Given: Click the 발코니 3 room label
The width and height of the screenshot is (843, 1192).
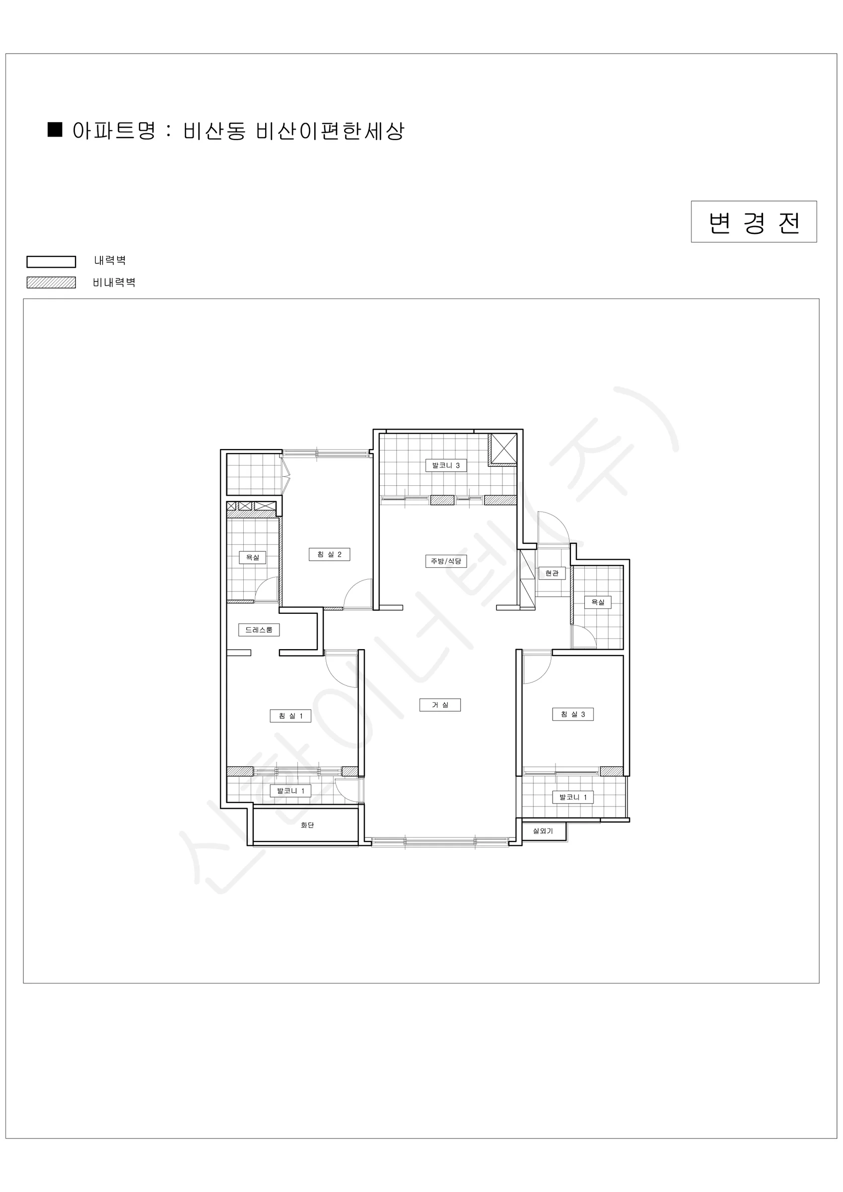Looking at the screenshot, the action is pyautogui.click(x=446, y=465).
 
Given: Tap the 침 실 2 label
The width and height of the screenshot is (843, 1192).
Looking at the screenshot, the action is pyautogui.click(x=330, y=554).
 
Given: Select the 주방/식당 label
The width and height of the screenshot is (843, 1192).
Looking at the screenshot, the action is pyautogui.click(x=446, y=561).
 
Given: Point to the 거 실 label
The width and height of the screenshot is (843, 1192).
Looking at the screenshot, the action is pyautogui.click(x=440, y=705).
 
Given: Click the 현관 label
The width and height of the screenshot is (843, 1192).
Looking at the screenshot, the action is pyautogui.click(x=552, y=573).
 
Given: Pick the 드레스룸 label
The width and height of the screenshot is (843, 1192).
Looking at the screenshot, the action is pyautogui.click(x=259, y=630).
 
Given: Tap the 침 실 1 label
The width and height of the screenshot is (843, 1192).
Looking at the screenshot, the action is pyautogui.click(x=291, y=716).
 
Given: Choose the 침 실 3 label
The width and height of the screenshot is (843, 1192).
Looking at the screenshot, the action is pyautogui.click(x=572, y=714).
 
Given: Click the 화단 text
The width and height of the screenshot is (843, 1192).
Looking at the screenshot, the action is pyautogui.click(x=307, y=825).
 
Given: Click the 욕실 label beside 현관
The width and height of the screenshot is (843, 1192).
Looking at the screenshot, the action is pyautogui.click(x=598, y=602).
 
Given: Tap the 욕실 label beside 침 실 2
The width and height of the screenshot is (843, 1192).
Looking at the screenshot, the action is pyautogui.click(x=252, y=558).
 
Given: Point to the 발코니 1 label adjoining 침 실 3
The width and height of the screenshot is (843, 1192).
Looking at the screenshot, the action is pyautogui.click(x=572, y=797).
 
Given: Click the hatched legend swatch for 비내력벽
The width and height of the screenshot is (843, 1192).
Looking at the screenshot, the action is pyautogui.click(x=52, y=283).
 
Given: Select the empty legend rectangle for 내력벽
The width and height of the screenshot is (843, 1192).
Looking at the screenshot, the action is pyautogui.click(x=52, y=262).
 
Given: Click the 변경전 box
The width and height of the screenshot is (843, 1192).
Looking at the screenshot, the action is pyautogui.click(x=754, y=222).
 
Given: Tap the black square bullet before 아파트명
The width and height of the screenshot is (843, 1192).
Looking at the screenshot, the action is pyautogui.click(x=55, y=130).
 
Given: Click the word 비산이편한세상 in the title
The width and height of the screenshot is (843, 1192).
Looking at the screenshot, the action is pyautogui.click(x=330, y=131).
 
